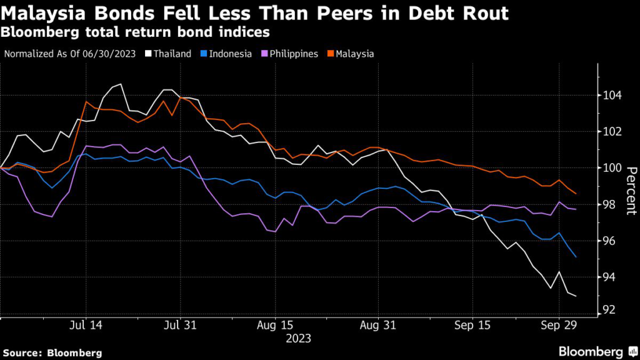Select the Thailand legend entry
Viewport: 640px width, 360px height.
pyautogui.click(x=168, y=54)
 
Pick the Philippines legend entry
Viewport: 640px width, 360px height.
pyautogui.click(x=291, y=54)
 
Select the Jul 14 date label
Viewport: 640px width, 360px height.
pyautogui.click(x=85, y=326)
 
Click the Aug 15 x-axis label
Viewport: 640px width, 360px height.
pyautogui.click(x=276, y=326)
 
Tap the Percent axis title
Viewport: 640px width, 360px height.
pyautogui.click(x=631, y=191)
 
